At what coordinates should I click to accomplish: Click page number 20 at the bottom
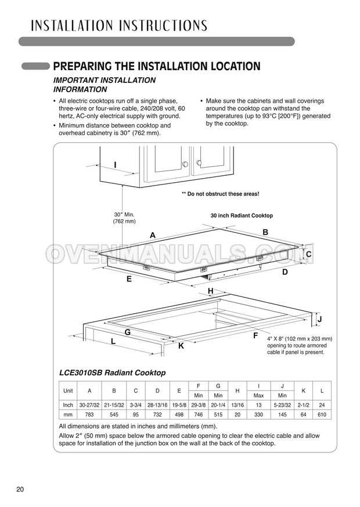pos(20,490)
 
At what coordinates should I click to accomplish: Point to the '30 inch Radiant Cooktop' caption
pos(241,215)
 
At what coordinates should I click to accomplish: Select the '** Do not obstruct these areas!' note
pos(220,194)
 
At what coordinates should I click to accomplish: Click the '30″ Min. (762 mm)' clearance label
pos(124,218)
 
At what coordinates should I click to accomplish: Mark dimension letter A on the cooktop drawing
pos(153,235)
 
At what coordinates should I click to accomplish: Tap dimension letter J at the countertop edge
pos(319,320)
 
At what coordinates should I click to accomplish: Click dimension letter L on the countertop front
pos(113,342)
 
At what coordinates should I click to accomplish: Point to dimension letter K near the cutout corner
pos(181,346)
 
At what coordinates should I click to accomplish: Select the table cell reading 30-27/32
pos(89,405)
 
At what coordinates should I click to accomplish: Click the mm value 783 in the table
pos(89,415)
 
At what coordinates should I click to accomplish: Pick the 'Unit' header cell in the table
pos(68,390)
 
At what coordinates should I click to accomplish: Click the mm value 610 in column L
pos(322,415)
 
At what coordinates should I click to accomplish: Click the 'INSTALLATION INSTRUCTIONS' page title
pos(111,25)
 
